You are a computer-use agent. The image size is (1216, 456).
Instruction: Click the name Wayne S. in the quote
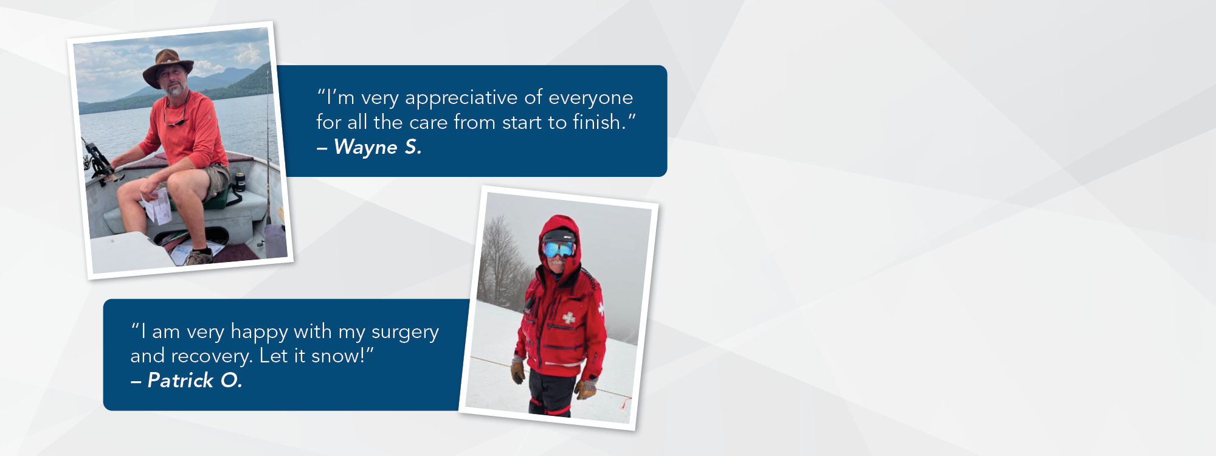coord(378,147)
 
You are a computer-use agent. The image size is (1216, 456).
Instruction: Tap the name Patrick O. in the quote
coord(195,381)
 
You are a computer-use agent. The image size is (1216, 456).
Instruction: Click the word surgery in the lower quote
coord(405,333)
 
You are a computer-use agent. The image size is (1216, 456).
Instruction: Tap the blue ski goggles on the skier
coord(558,249)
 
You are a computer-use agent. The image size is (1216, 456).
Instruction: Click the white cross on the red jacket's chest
coord(569,317)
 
